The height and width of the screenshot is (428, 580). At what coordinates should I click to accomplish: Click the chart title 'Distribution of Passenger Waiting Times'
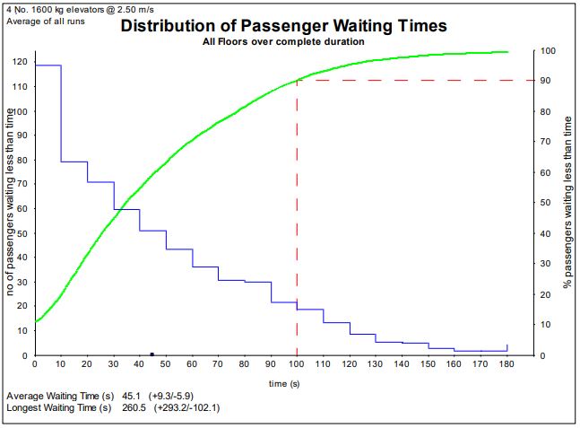pos(283,26)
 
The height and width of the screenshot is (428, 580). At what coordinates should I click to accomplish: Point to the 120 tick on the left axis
pos(19,62)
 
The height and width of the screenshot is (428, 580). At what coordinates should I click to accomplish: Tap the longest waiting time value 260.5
pos(132,408)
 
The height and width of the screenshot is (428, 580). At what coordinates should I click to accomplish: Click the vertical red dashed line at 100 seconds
pos(297,224)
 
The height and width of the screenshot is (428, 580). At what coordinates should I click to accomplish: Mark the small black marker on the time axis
pos(152,354)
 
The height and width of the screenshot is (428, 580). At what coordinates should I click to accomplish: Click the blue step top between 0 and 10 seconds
pos(48,66)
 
